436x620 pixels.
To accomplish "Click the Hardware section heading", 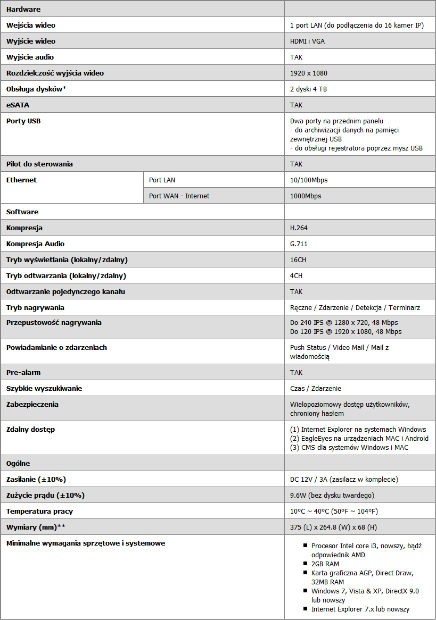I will [23, 9].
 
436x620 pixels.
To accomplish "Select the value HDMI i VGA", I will [307, 41].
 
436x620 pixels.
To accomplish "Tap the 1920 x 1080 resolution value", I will [309, 73].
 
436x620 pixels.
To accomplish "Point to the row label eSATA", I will [18, 105].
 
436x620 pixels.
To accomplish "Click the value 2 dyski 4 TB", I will [308, 89].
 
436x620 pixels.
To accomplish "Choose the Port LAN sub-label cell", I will [162, 180].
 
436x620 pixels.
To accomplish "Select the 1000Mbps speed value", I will [306, 196].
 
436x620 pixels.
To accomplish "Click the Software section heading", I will [22, 212].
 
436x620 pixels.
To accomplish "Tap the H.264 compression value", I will [299, 228].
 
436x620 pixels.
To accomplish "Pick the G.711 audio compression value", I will [299, 244].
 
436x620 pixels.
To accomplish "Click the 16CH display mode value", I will [298, 259].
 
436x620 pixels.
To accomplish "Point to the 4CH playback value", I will [296, 275].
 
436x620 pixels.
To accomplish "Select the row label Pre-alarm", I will [23, 372].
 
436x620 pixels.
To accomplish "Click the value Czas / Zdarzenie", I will [316, 388].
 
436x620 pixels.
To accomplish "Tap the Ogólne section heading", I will [21, 463].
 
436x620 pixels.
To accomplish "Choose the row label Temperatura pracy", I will [39, 511].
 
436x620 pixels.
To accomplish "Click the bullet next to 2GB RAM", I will [306, 564].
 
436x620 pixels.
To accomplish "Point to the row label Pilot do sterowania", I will [39, 164].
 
